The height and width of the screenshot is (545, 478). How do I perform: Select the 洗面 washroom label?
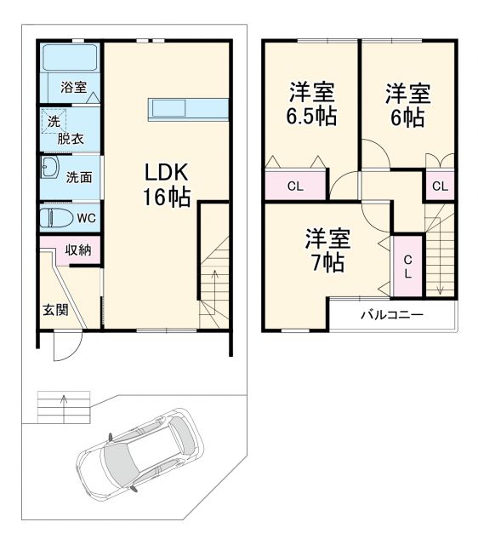tap(79, 177)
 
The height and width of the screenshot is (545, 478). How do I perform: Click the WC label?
tap(86, 218)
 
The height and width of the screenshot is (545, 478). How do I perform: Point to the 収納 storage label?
tap(79, 250)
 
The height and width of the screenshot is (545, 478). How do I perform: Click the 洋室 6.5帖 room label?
tap(310, 104)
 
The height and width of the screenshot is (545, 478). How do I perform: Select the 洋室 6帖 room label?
tap(407, 104)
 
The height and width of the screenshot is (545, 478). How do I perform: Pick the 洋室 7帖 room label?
tap(327, 250)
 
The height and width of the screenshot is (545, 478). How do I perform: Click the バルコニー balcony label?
tap(391, 315)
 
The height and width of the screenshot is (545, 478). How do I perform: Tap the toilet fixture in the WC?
tap(57, 218)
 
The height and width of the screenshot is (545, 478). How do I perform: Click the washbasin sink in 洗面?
tap(49, 168)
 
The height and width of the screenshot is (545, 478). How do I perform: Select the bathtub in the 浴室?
tap(71, 59)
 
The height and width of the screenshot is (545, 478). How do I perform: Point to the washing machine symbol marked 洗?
tap(54, 122)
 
